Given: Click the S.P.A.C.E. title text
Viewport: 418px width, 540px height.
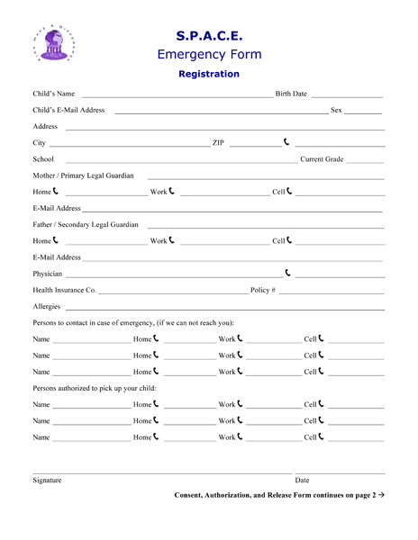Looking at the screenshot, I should [209, 35].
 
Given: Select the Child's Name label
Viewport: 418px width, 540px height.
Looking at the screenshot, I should [53, 94].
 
